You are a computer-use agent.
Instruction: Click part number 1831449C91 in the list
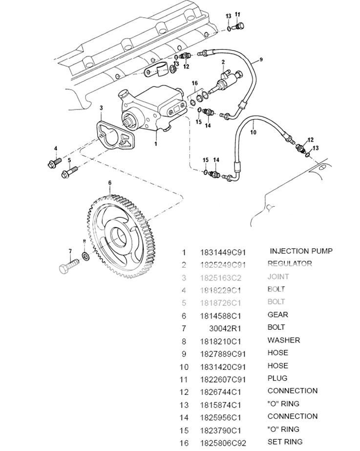pos(222,253)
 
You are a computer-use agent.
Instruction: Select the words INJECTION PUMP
pos(301,251)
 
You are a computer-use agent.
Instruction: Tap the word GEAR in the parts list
pos(278,315)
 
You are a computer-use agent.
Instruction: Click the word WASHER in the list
pos(284,340)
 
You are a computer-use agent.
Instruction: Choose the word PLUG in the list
pos(277,378)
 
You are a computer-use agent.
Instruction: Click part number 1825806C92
pos(222,443)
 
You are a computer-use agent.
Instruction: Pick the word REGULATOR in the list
pos(290,264)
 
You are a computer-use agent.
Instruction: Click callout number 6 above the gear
pos(110,183)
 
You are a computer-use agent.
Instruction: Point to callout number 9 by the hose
pos(261,60)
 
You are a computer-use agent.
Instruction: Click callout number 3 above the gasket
pos(101,107)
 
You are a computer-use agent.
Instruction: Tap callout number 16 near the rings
pos(195,84)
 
